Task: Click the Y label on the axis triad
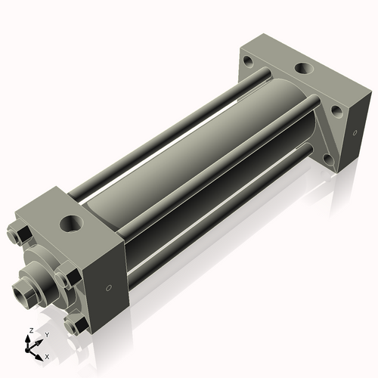pyautogui.click(x=46, y=334)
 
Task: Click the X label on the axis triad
pyautogui.click(x=47, y=355)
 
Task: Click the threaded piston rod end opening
pyautogui.click(x=20, y=288)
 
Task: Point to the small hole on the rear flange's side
pyautogui.click(x=350, y=132)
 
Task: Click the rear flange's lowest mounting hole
pyautogui.click(x=327, y=160)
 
